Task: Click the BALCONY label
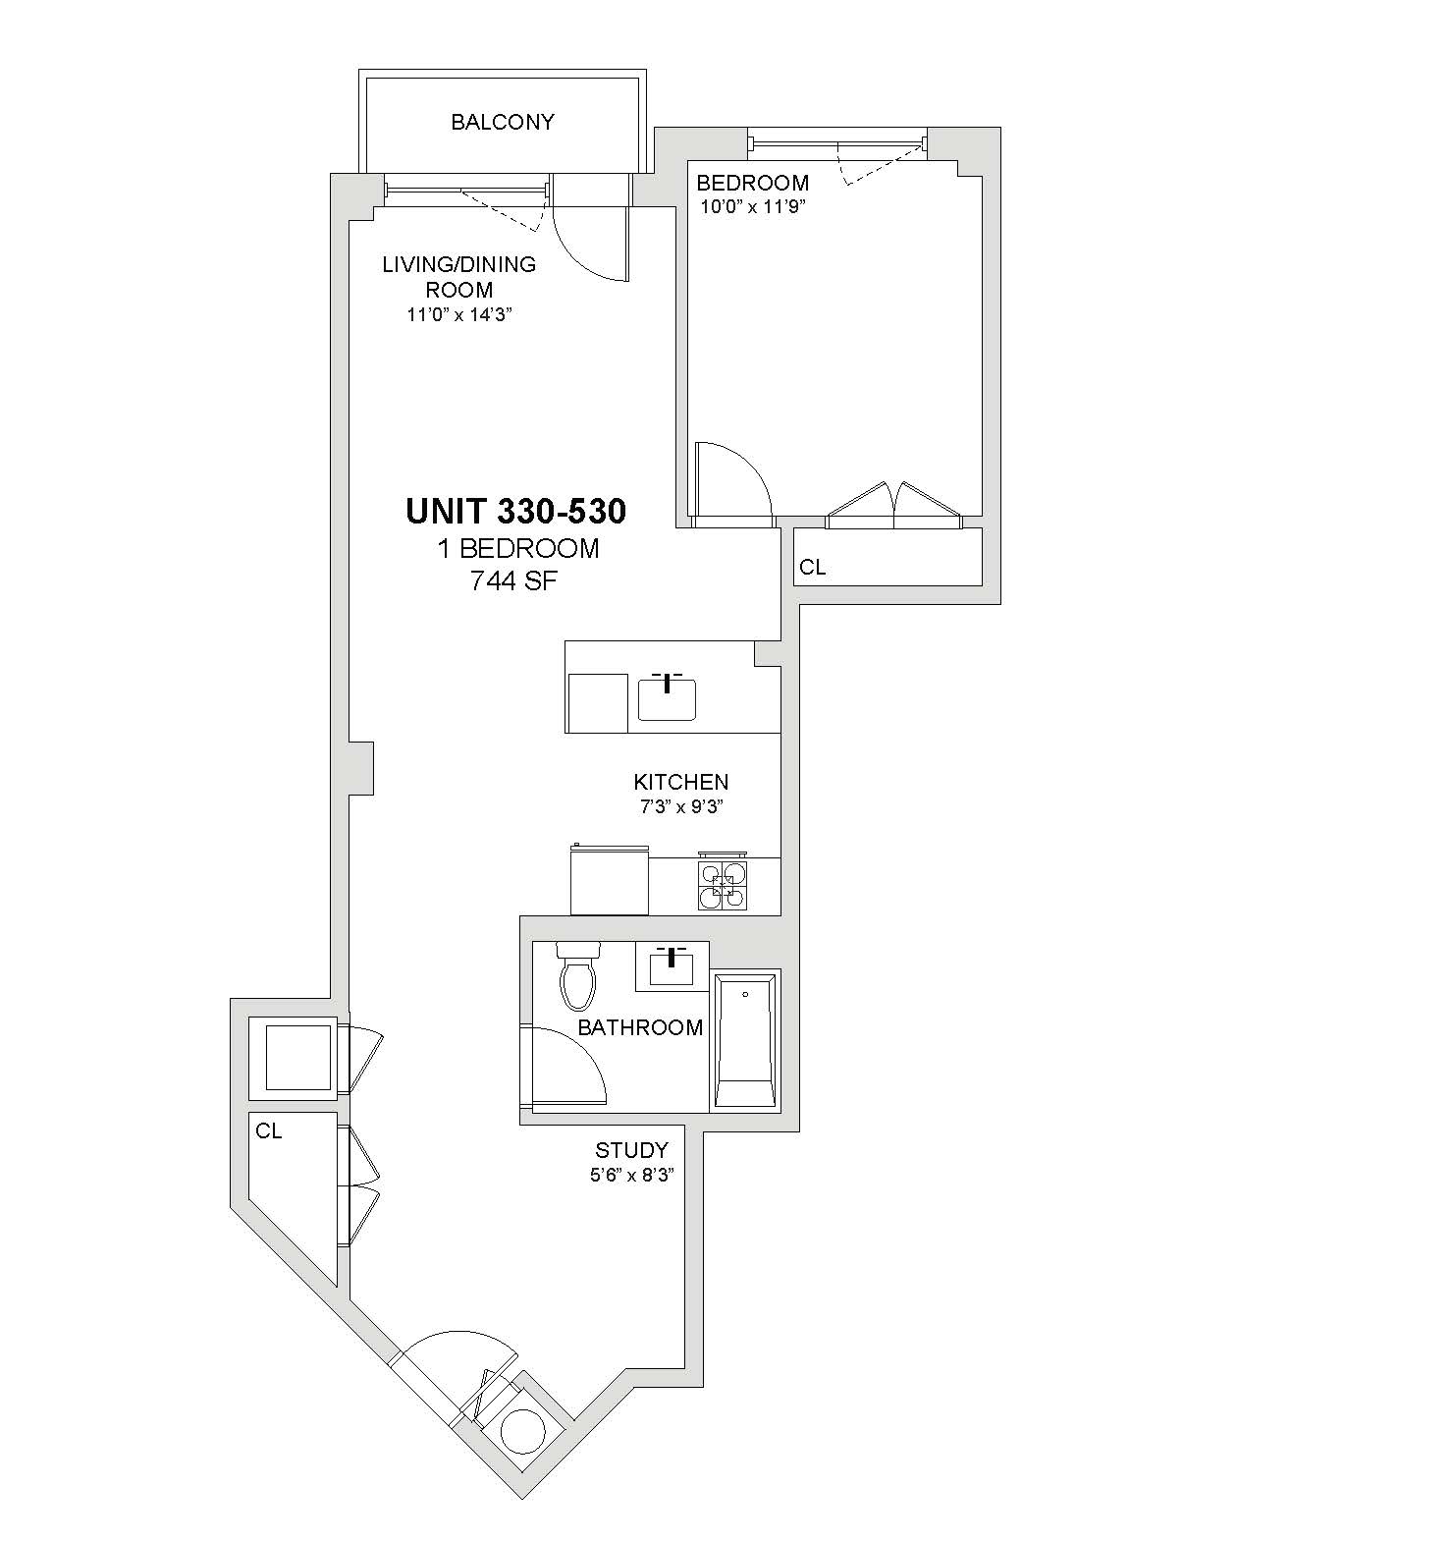coord(503,122)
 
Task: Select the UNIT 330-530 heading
coord(516,512)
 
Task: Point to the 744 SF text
coord(514,580)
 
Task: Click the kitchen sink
coord(667,697)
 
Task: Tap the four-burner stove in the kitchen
coord(722,881)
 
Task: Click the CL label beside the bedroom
coord(812,567)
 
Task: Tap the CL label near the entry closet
coord(269,1131)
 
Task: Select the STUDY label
coord(632,1150)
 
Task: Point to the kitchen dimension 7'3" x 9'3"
coord(681,807)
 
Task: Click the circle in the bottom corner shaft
coord(521,1431)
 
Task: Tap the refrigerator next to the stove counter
coord(610,879)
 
